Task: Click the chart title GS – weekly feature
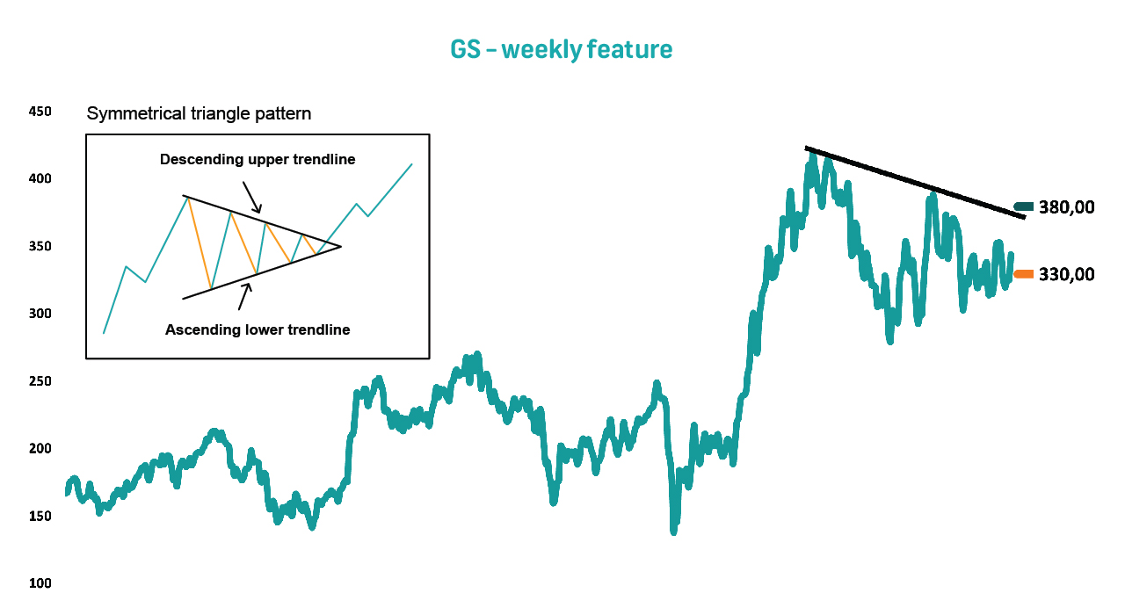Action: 561,50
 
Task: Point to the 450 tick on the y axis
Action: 40,112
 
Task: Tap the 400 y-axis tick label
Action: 40,178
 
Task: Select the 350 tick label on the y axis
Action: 40,246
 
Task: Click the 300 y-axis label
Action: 40,314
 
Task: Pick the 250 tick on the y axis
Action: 40,381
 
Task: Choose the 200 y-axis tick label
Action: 40,448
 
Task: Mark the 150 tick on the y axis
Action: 40,516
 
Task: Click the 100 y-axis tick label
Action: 40,583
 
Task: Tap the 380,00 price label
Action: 1066,207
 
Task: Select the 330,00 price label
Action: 1066,275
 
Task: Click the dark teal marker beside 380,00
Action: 1024,206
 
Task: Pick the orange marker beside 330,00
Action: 1024,274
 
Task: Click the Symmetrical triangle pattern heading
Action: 199,114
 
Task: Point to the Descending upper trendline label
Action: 258,160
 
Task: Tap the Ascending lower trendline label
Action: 258,329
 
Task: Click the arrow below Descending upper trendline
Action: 251,198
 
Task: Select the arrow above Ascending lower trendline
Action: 244,297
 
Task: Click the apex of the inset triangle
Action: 341,247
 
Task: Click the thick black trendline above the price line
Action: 915,183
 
